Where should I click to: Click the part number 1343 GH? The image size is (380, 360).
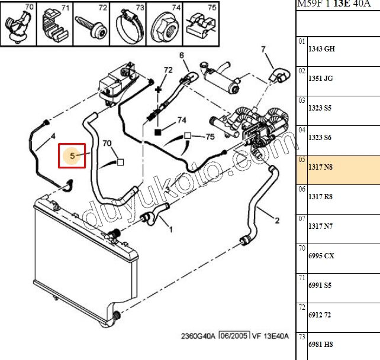coord(321,49)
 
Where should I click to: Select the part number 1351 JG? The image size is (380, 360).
coord(321,79)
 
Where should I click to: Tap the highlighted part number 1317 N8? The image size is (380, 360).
coord(320,167)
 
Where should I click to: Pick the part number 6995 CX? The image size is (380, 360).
coord(321,255)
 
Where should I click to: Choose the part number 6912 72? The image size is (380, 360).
coord(320,314)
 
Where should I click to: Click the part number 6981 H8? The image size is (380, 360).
coord(320,344)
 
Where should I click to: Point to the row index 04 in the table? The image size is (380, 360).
coord(302,130)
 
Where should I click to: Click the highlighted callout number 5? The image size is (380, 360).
coord(72,155)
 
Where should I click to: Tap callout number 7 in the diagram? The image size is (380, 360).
coord(263,50)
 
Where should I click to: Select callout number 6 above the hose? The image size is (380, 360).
coord(182,56)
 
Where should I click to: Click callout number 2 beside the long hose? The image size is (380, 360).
coord(277,220)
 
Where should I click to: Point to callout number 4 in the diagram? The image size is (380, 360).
coord(53,137)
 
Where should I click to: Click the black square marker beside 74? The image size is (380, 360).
coord(158,132)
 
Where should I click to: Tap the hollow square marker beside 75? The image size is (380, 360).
coord(188,135)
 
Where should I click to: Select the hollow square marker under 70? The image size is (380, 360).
coord(120,162)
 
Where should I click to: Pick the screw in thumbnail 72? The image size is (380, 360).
coord(92,26)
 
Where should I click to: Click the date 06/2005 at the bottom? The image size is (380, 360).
coord(234,336)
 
